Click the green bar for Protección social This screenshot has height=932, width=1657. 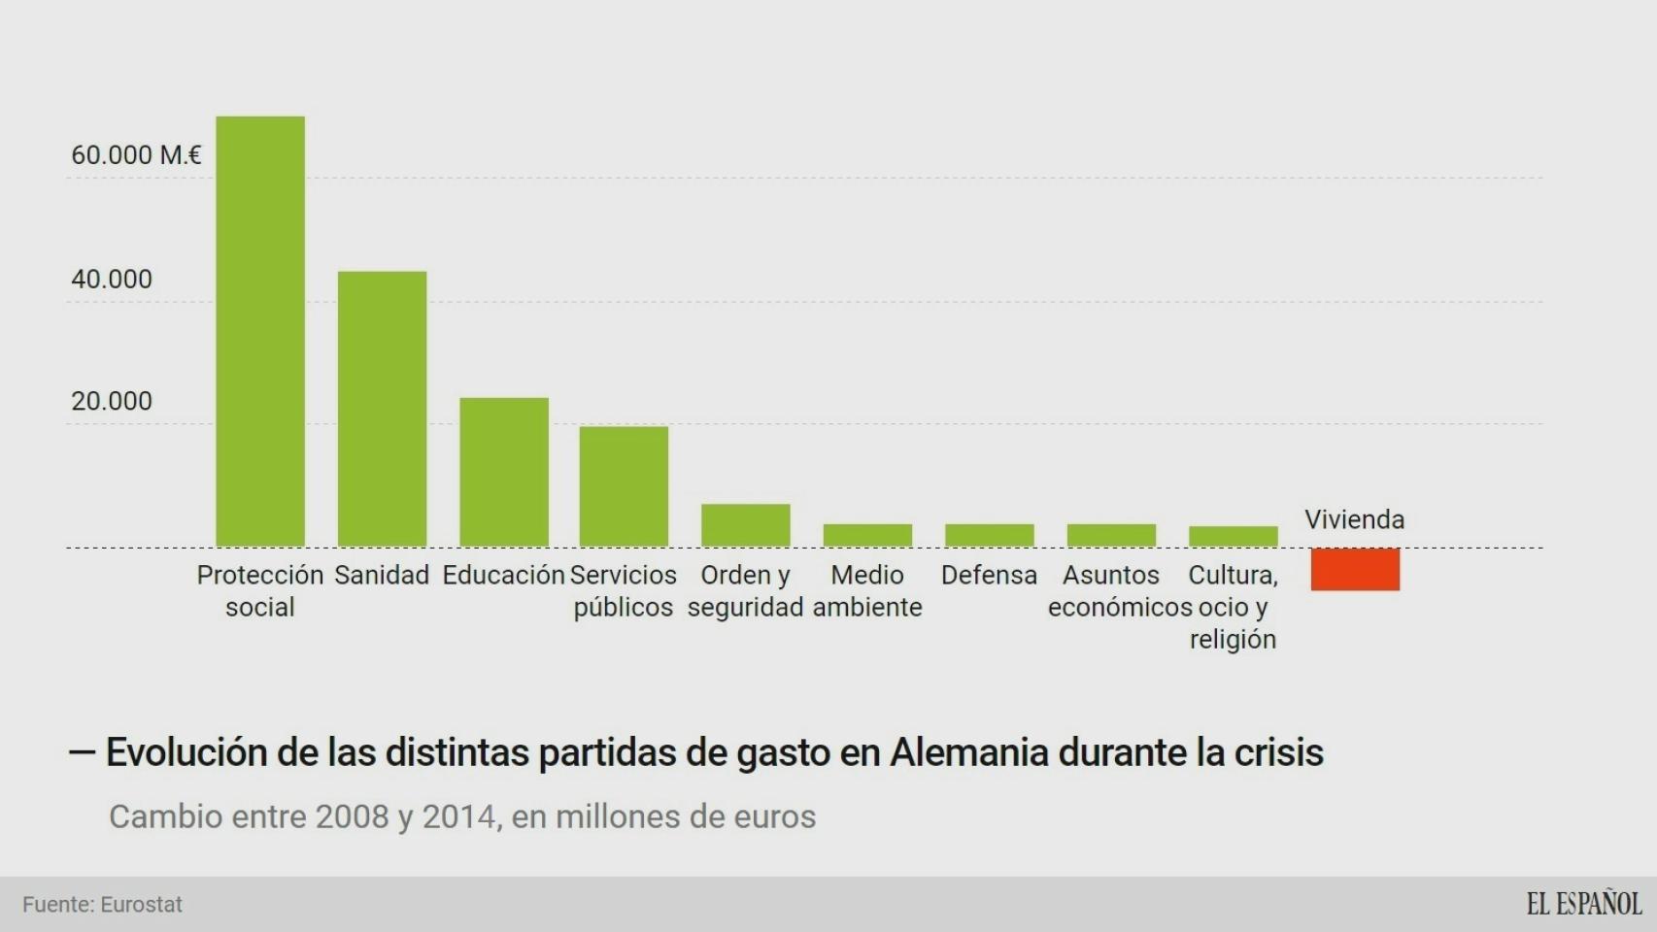(260, 331)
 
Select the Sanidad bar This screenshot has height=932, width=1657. (382, 409)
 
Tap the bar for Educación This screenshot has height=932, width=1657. (504, 472)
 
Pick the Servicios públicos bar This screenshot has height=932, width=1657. (624, 486)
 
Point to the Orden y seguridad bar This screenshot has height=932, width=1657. (746, 525)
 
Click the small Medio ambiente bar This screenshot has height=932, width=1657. (867, 535)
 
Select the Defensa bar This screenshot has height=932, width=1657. (989, 535)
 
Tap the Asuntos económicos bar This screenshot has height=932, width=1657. (1111, 535)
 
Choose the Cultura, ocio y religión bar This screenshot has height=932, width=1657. (1233, 536)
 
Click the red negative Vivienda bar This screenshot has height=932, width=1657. (1355, 569)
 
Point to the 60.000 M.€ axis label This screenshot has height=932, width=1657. (136, 155)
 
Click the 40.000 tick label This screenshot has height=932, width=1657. (112, 280)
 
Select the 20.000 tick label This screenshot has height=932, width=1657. (112, 402)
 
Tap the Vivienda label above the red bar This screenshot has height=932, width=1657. (1354, 519)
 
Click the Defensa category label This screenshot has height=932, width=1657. (989, 575)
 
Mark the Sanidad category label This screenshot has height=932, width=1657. (382, 575)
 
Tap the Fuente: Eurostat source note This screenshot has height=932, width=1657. (102, 905)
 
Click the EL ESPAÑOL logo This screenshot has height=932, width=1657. (1583, 904)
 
